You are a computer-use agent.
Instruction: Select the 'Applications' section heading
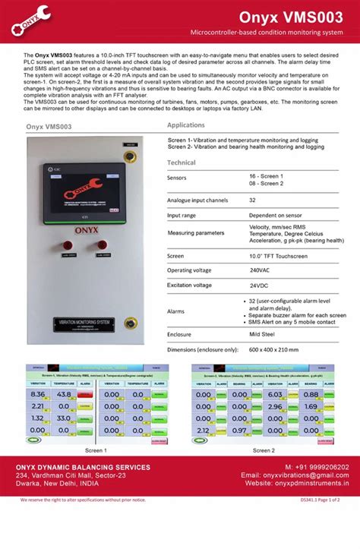pos(186,125)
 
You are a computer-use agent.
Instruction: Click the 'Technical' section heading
pos(182,162)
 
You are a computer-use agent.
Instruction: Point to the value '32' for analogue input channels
pos(253,200)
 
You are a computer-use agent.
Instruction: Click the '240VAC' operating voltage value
pos(260,270)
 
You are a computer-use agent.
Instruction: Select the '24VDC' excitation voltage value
pos(260,286)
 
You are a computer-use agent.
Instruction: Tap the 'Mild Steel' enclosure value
pos(262,333)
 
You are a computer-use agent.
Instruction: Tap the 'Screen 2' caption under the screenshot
pos(263,450)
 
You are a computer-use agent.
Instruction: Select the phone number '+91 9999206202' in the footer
pos(317,466)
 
